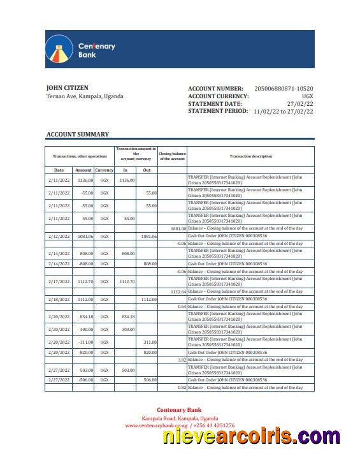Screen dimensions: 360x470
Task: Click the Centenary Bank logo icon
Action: coord(57,49)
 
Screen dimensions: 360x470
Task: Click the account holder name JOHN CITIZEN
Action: coord(67,88)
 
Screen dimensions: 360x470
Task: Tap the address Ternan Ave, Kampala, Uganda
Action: coord(85,96)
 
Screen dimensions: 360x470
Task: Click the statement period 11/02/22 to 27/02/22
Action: coord(283,111)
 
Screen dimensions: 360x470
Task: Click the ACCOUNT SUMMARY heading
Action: coord(77,135)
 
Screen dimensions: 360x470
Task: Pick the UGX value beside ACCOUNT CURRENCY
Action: coord(307,96)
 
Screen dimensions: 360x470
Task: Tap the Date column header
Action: coord(59,170)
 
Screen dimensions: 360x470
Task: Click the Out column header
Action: coord(147,170)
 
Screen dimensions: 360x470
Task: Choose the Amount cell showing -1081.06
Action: coord(84,236)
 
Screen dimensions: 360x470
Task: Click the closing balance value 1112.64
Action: coord(178,291)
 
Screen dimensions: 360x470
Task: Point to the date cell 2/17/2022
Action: coord(58,281)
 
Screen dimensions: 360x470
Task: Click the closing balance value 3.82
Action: coord(182,360)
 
